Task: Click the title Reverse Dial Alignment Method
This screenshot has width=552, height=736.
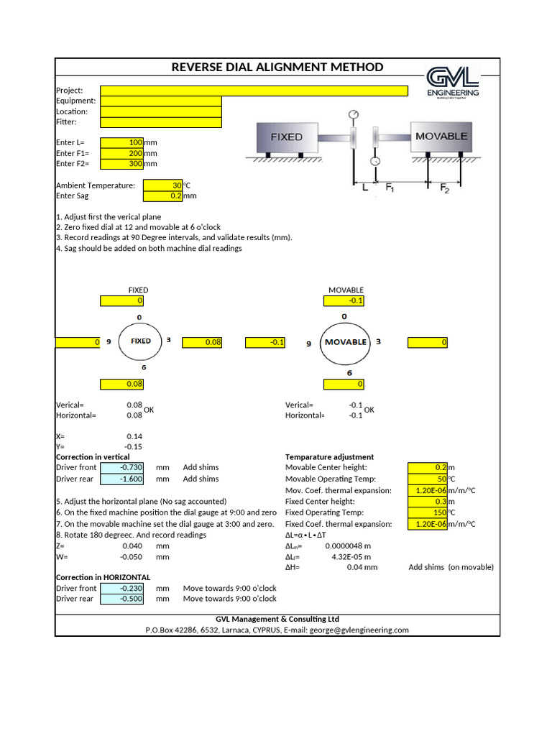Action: pos(277,68)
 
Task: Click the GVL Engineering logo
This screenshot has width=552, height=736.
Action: pos(452,82)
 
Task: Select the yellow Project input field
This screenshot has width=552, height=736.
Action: pos(254,91)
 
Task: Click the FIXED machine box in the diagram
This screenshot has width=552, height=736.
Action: pos(287,137)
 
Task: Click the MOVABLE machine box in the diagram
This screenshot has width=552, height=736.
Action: pos(441,136)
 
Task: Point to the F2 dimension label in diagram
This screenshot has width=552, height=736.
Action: pos(444,188)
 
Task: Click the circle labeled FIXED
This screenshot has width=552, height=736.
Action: pos(141,341)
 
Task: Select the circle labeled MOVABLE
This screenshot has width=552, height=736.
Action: pos(346,342)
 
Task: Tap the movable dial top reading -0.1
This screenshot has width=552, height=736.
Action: pos(345,300)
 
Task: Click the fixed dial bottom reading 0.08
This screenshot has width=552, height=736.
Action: pos(123,384)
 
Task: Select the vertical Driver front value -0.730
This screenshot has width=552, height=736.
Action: pos(122,468)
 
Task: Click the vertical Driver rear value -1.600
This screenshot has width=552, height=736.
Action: pos(122,479)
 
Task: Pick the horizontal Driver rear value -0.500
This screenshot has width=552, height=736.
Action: pos(122,599)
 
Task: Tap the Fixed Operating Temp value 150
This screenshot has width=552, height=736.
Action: pos(428,512)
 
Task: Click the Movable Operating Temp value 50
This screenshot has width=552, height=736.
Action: pos(428,479)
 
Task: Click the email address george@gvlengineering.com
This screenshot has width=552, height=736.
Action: pos(359,630)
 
